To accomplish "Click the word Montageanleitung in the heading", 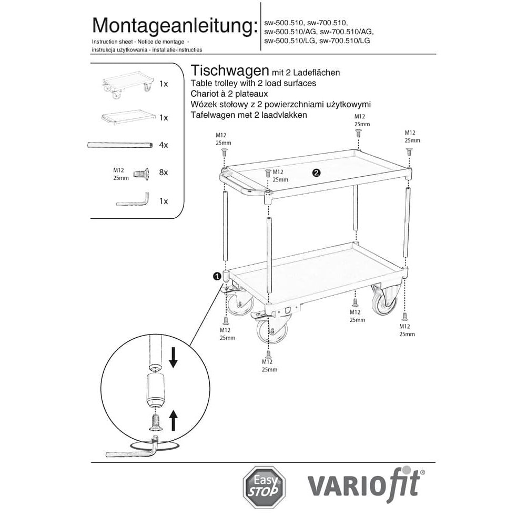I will [x=172, y=25].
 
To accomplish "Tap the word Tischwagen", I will [x=229, y=71].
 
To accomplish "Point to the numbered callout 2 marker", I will [x=316, y=173].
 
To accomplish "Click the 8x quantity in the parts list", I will [x=164, y=173].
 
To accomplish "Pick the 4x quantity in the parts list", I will [x=164, y=145].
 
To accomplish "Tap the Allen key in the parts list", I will [x=134, y=200].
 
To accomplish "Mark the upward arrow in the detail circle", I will [x=174, y=420].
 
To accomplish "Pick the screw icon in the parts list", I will [x=139, y=173].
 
